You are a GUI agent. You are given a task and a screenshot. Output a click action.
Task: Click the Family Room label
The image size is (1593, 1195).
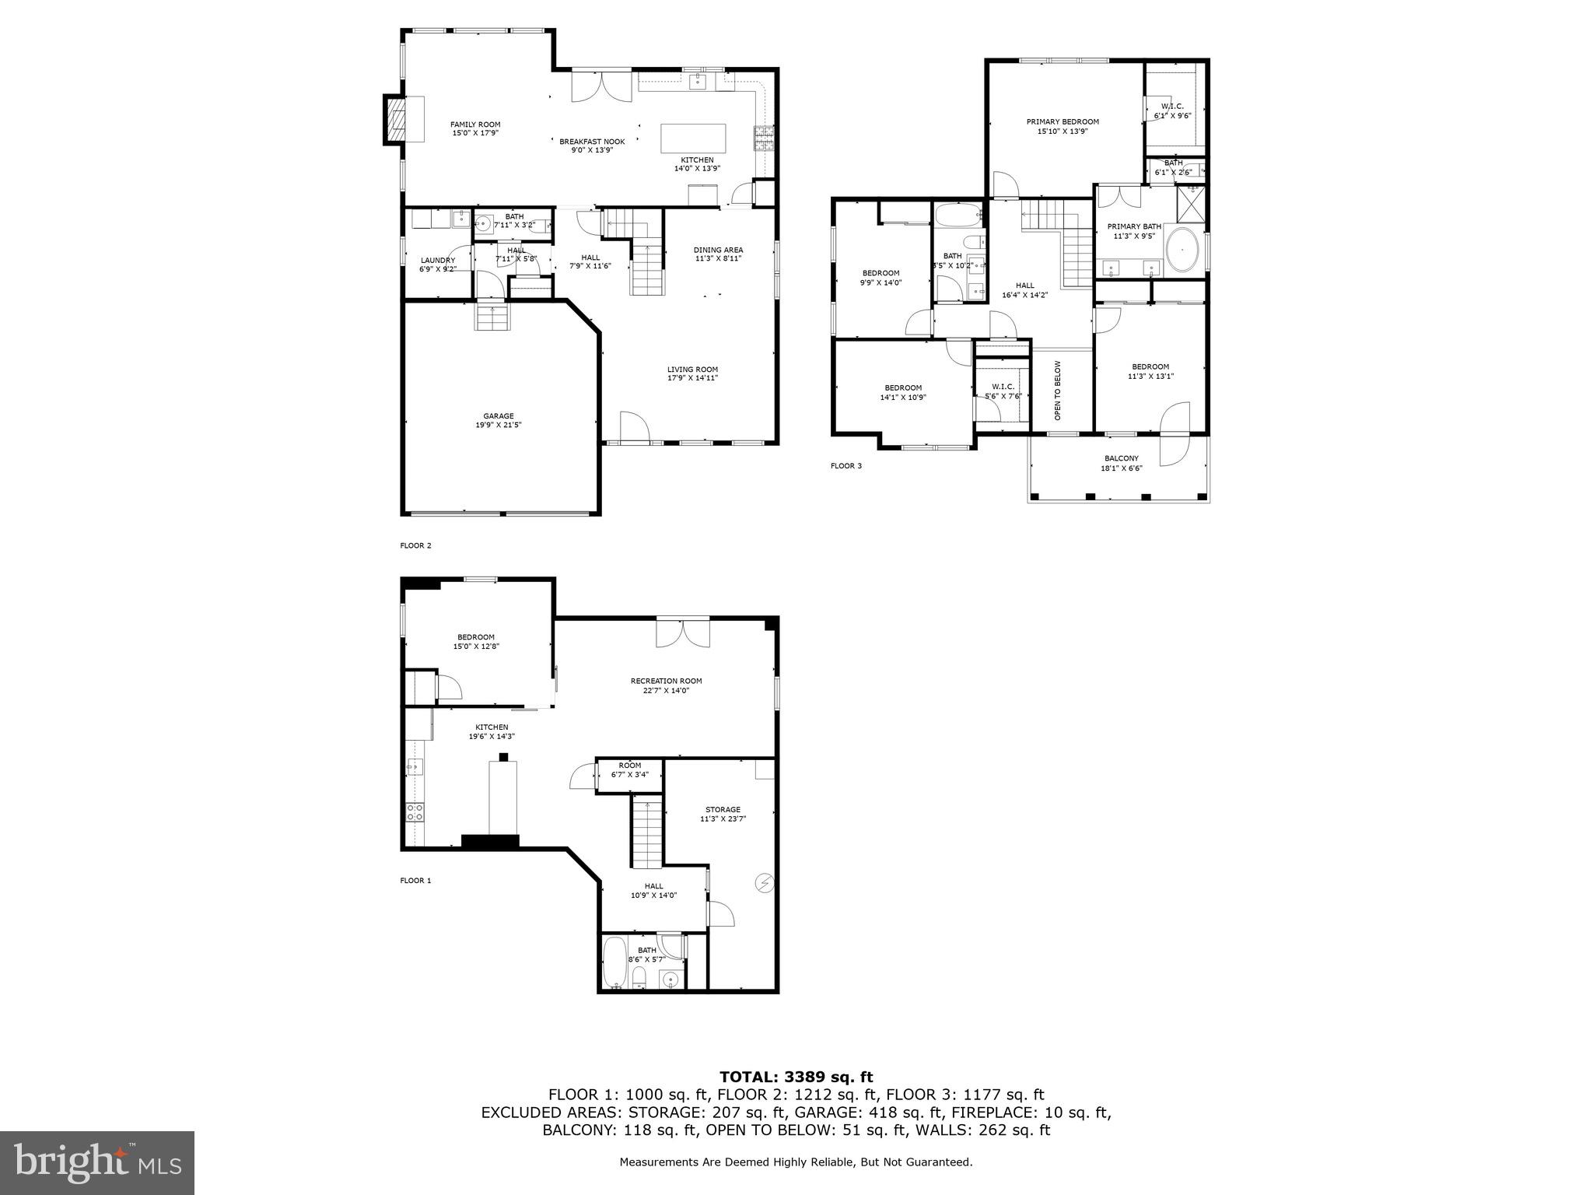click(x=475, y=124)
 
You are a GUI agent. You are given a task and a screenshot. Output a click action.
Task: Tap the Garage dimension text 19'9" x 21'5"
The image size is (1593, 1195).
click(x=498, y=426)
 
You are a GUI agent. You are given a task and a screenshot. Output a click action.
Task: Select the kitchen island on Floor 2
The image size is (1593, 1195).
click(x=693, y=138)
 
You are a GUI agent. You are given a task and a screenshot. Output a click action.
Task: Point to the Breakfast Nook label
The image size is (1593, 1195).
click(x=592, y=142)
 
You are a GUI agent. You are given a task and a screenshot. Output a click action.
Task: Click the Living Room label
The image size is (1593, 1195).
click(x=692, y=370)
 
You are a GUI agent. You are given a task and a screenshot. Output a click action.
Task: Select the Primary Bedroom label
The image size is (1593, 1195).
click(x=1062, y=121)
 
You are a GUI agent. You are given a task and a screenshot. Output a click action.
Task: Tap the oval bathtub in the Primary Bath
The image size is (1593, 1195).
click(x=1185, y=251)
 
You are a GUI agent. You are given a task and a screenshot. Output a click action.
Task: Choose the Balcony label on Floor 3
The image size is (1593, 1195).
click(x=1121, y=458)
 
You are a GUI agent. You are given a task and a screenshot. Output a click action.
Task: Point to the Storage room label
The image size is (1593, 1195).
click(x=723, y=809)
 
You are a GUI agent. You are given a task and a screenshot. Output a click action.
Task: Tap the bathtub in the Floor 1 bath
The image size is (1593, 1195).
click(x=614, y=963)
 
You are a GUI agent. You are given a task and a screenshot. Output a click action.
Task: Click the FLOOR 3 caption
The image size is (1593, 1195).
click(x=846, y=466)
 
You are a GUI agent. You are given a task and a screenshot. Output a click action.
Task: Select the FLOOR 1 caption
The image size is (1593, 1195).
click(x=415, y=881)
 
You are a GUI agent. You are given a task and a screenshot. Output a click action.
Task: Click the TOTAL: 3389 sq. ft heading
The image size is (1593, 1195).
click(x=796, y=1077)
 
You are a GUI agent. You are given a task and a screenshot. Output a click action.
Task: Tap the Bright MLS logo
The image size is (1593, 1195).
click(x=97, y=1163)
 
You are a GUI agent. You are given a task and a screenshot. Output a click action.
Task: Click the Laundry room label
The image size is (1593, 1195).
click(x=437, y=261)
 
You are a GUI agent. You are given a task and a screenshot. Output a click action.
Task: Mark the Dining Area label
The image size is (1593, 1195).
click(x=718, y=250)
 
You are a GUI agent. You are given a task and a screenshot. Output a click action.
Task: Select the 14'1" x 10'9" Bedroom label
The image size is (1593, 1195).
click(x=902, y=387)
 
